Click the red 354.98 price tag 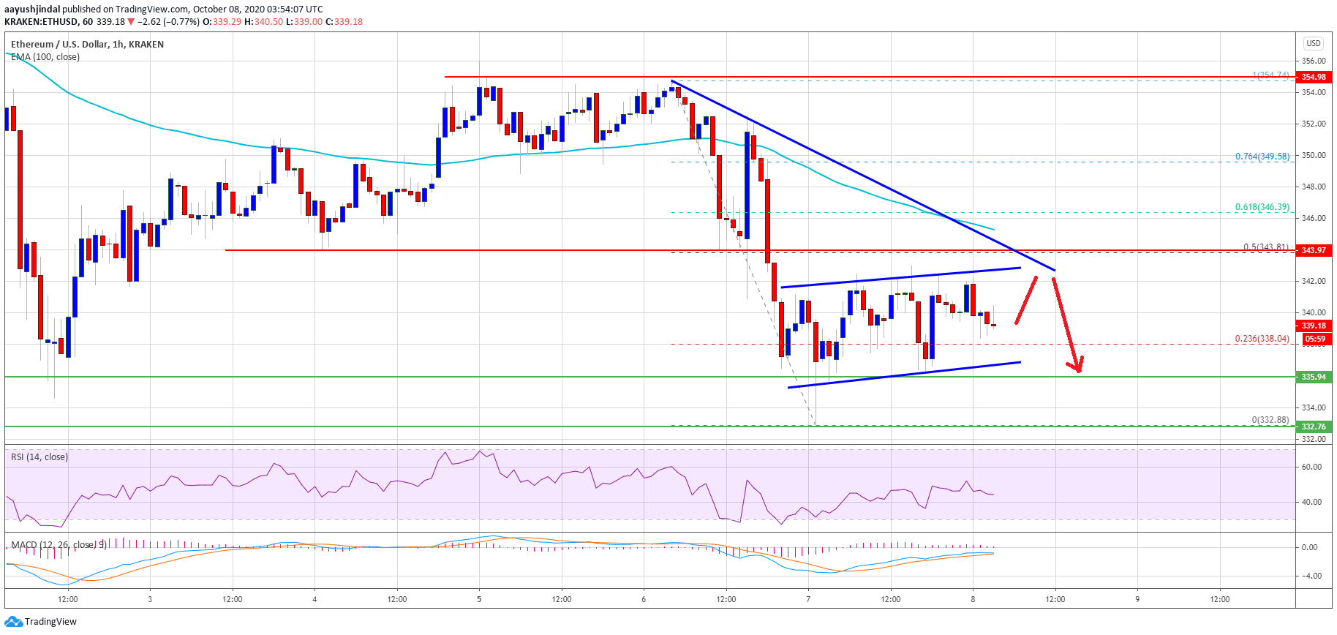coord(1313,77)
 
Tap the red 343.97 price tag coord(1313,250)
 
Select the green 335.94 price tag coord(1313,377)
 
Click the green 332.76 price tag coord(1313,427)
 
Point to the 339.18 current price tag coord(1313,326)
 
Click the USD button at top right coord(1314,43)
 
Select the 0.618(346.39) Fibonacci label coord(1262,207)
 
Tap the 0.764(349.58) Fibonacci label coord(1262,157)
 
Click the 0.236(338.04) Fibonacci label coord(1262,339)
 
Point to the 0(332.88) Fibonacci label coord(1270,420)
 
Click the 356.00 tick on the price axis coord(1313,61)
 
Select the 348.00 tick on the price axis coord(1313,187)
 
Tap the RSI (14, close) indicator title coord(39,457)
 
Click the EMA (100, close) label coord(45,57)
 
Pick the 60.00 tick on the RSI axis coord(1311,467)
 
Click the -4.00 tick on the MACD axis coord(1310,576)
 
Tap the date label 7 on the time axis coord(808,599)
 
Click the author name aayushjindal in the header coord(32,10)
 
